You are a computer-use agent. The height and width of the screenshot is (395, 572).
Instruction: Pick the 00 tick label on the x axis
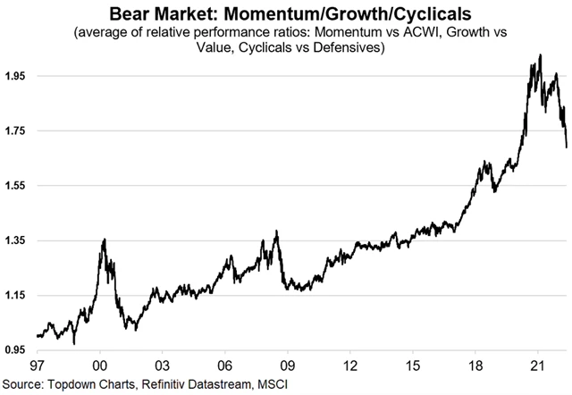100,366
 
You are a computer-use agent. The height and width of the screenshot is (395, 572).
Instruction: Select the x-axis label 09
287,366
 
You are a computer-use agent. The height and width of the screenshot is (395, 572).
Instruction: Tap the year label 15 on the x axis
412,366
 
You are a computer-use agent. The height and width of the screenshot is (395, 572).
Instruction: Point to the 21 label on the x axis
537,366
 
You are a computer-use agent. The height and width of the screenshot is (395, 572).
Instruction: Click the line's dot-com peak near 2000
105,240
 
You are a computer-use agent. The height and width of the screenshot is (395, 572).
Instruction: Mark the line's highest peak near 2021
539,55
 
